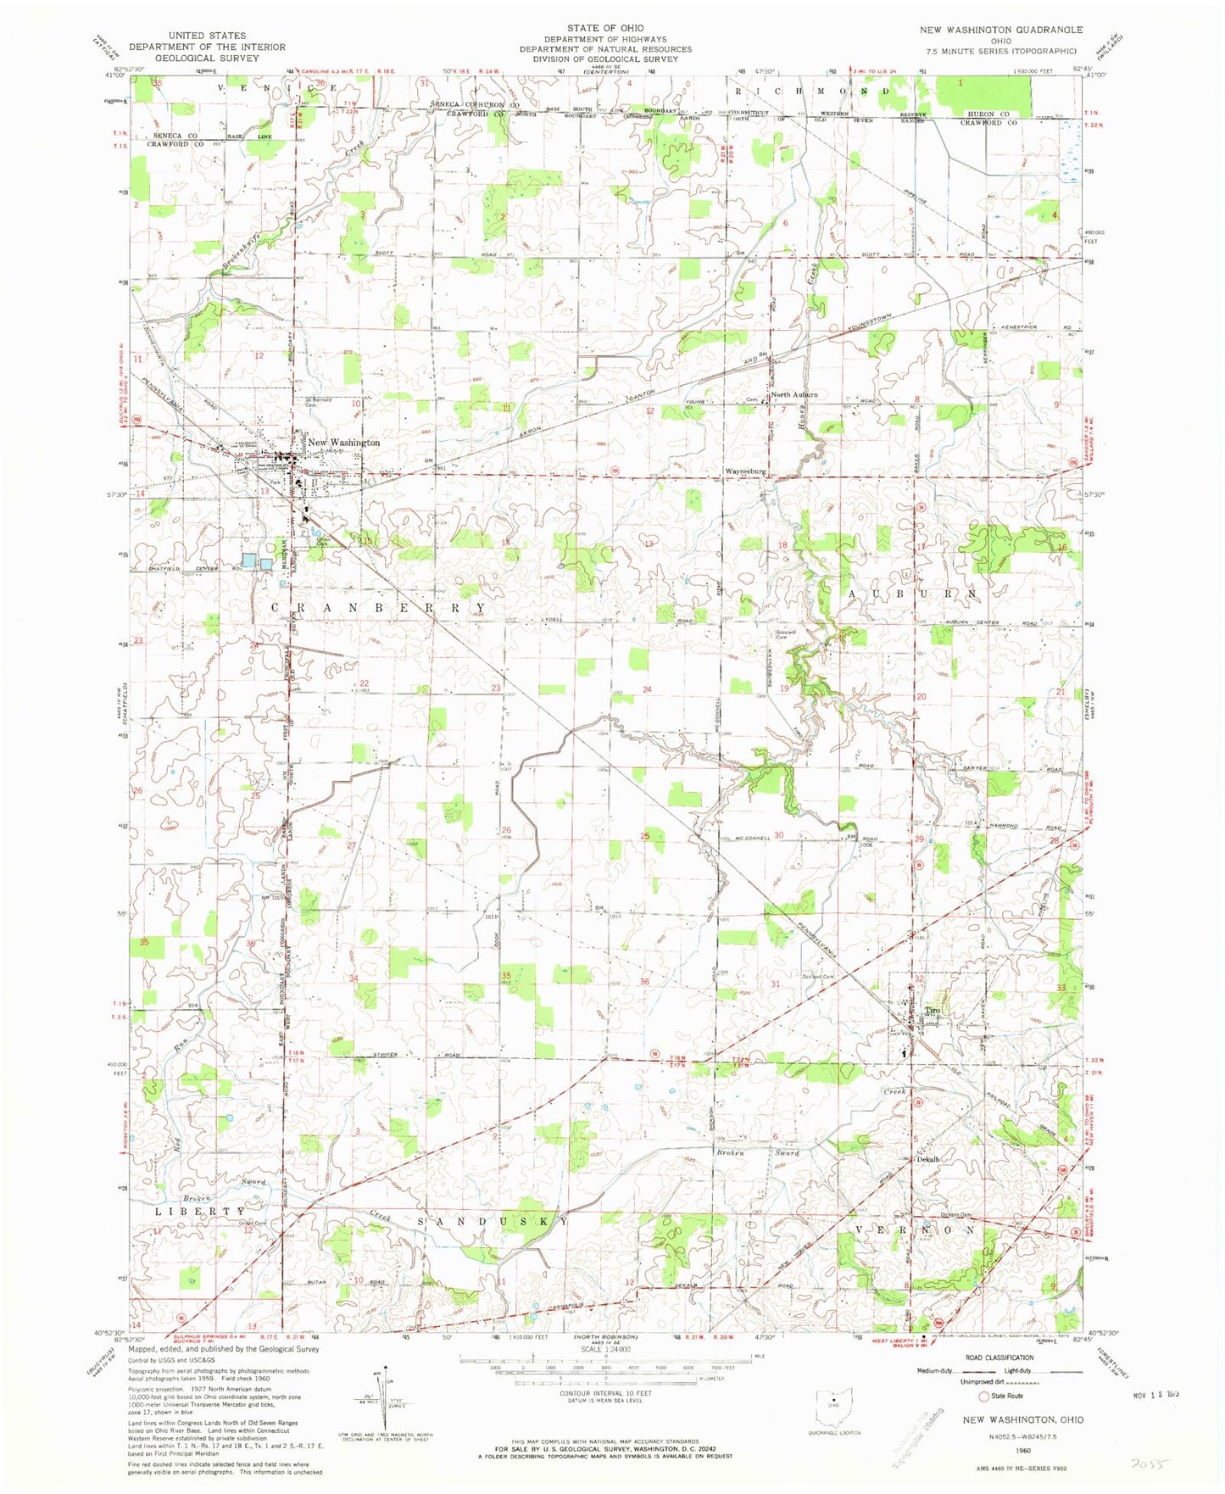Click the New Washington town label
tap(343, 443)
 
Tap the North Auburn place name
tap(793, 395)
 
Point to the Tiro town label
tap(933, 1010)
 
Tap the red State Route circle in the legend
tap(984, 1396)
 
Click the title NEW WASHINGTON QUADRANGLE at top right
tap(1001, 30)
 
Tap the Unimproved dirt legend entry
tap(940, 1383)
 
